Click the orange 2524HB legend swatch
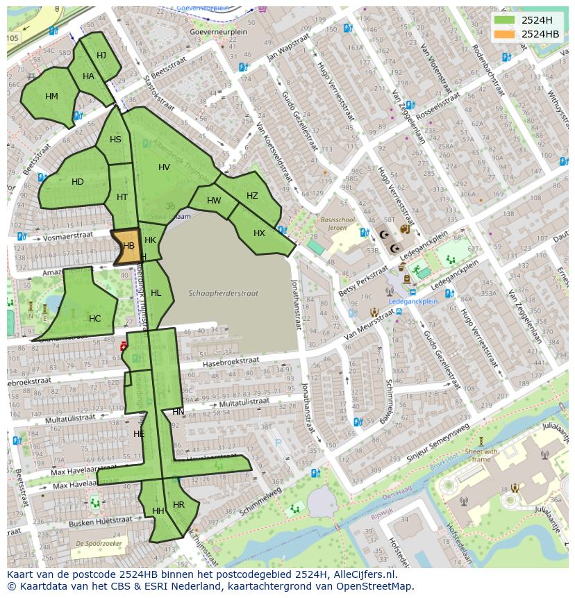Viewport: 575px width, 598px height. tap(506, 34)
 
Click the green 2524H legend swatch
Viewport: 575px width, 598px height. tap(506, 20)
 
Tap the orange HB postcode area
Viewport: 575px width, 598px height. tap(128, 247)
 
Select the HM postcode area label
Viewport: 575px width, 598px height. tap(51, 97)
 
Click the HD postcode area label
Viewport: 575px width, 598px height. tap(78, 182)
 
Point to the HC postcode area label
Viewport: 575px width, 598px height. tap(94, 319)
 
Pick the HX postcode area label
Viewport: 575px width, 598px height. tap(259, 233)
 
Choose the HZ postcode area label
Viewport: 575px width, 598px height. tap(252, 196)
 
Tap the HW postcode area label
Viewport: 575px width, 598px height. tap(214, 201)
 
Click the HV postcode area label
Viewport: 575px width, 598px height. tap(164, 167)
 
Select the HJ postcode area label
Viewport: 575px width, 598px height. tap(101, 56)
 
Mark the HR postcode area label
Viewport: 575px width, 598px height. tap(178, 505)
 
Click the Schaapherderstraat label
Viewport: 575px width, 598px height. tap(224, 293)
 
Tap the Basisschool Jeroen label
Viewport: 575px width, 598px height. tap(337, 223)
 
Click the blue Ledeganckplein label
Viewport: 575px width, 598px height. tap(412, 301)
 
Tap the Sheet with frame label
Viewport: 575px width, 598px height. tap(481, 455)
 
